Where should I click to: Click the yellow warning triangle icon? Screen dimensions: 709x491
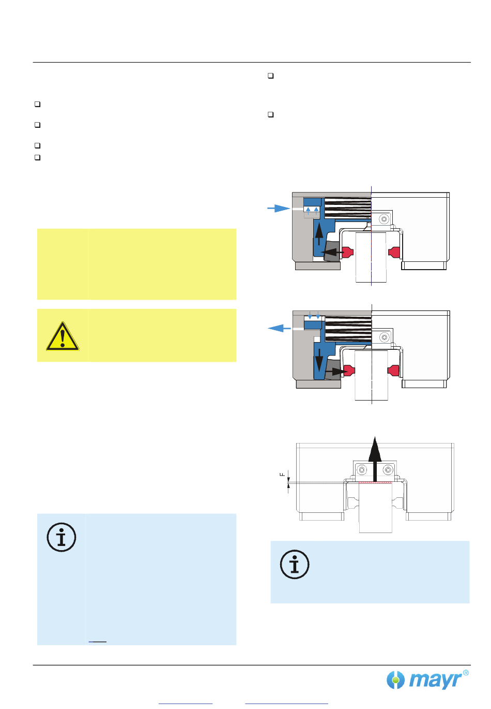click(x=62, y=336)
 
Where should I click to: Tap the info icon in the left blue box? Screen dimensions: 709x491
click(x=62, y=537)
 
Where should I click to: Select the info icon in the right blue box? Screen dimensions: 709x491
click(x=295, y=564)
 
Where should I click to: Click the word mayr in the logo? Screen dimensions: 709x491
click(x=435, y=680)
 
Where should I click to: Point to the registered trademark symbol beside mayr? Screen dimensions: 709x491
click(x=466, y=673)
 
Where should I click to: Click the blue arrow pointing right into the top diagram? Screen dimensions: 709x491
click(x=279, y=208)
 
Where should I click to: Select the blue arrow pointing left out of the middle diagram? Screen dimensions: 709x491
click(x=279, y=328)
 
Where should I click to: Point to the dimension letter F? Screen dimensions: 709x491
click(x=282, y=474)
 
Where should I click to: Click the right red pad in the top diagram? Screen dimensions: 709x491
click(x=395, y=252)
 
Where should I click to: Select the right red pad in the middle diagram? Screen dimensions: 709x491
click(x=394, y=371)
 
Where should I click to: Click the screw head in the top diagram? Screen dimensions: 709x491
click(x=384, y=219)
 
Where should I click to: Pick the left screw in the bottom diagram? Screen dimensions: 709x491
click(x=362, y=470)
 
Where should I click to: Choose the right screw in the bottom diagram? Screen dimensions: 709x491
click(x=388, y=470)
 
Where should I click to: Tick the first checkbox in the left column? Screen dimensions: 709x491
click(x=37, y=104)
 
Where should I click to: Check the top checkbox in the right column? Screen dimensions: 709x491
click(x=270, y=76)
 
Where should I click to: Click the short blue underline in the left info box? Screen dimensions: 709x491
click(x=97, y=642)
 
